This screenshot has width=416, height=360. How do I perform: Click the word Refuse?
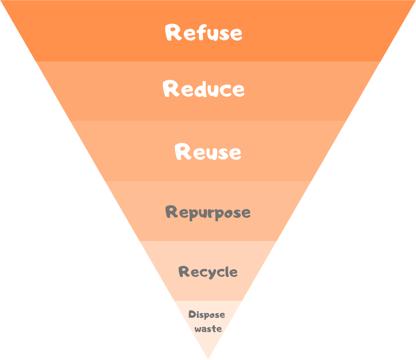[x=203, y=33]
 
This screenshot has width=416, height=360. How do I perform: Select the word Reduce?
[x=203, y=89]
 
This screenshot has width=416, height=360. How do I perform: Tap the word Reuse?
[x=208, y=152]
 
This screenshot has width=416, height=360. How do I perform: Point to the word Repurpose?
[x=208, y=212]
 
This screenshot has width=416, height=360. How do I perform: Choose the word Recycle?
[x=208, y=272]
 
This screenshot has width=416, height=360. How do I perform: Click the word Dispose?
[x=207, y=315]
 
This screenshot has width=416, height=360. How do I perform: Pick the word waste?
[x=208, y=329]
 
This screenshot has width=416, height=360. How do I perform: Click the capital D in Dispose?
[x=192, y=314]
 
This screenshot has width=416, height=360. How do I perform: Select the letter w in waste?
[x=198, y=330]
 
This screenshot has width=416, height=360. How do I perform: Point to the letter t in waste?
[x=214, y=329]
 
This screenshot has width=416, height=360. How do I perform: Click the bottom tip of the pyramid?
[x=208, y=359]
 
